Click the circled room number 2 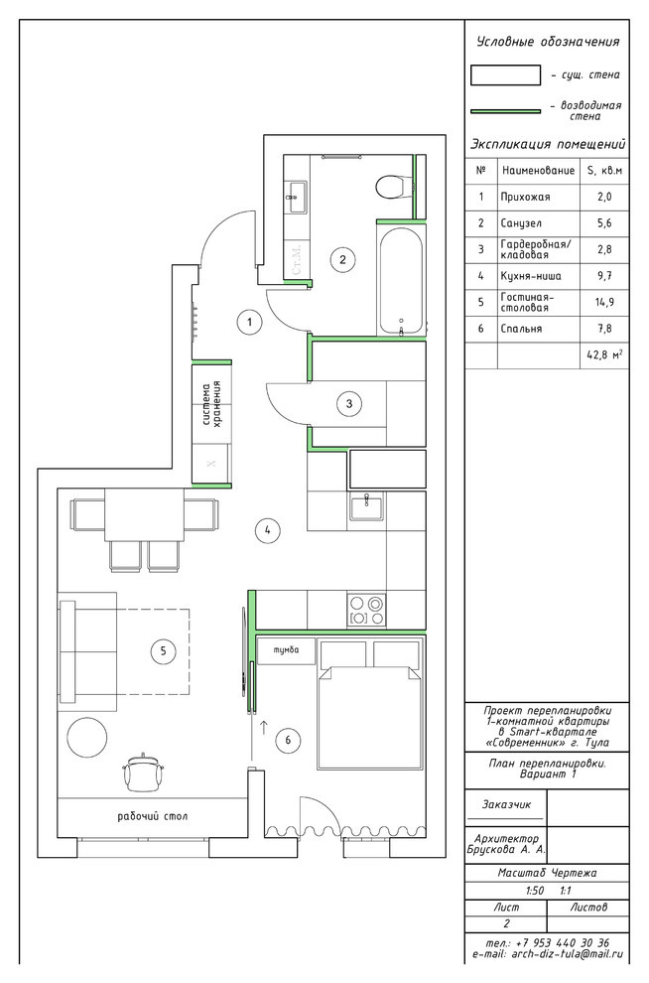[342, 259]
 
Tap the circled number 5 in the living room [163, 650]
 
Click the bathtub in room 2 [401, 281]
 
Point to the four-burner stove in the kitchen [366, 610]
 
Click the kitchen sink [366, 506]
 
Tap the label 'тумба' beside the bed [286, 650]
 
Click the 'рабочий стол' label [152, 816]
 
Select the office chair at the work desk [145, 772]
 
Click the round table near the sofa [86, 737]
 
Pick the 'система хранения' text [211, 404]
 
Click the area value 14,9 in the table [604, 302]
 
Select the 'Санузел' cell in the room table [521, 223]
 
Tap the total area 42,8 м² [604, 354]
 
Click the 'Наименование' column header [538, 170]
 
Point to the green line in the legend [505, 111]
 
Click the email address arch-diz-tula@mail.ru [568, 954]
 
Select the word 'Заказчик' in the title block [506, 803]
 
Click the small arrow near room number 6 [264, 728]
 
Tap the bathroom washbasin [296, 197]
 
